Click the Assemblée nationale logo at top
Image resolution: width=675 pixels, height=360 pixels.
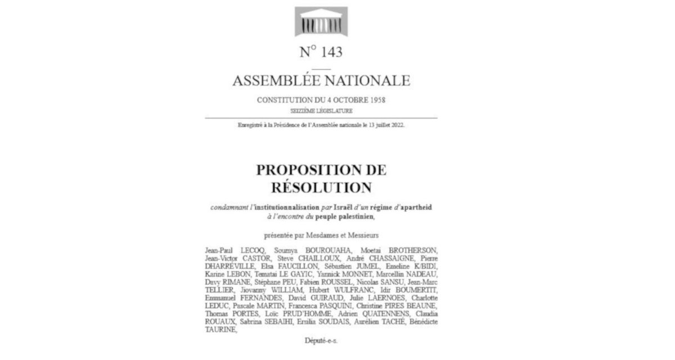[x=321, y=22]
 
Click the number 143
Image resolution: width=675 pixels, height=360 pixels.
[x=329, y=52]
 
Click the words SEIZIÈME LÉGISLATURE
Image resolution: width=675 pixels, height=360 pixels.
[x=321, y=110]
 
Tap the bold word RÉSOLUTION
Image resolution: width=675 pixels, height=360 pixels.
[x=321, y=187]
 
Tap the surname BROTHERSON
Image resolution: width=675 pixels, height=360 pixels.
[x=410, y=249]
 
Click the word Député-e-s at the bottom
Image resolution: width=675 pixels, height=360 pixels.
[x=321, y=340]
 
